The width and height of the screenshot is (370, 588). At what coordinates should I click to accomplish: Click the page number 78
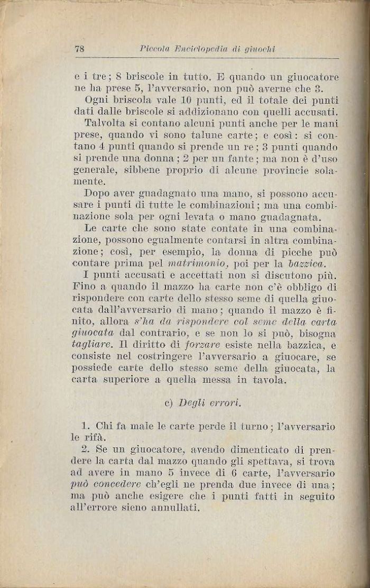pos(81,49)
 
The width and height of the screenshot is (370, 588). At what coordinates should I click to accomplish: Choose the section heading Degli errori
pos(211,403)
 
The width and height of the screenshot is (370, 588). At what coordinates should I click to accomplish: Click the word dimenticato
pos(263,450)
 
